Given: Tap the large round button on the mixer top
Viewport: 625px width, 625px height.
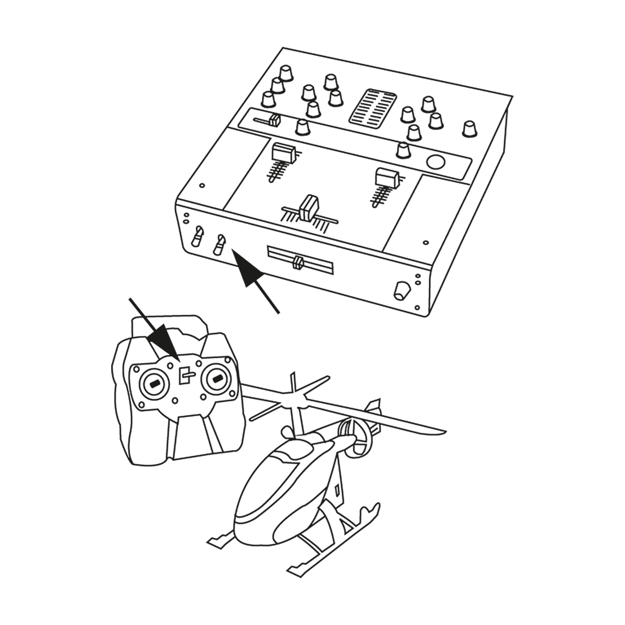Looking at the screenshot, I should (436, 162).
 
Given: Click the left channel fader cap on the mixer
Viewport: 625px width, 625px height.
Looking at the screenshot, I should (283, 153).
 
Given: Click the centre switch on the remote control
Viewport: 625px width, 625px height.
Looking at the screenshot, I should (185, 375).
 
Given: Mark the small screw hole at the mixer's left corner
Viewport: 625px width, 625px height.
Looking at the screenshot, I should (202, 185).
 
